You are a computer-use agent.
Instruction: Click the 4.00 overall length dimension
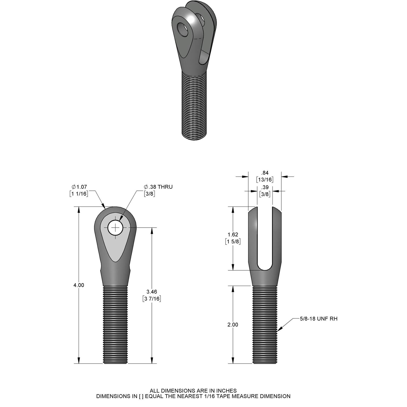[x=79, y=285]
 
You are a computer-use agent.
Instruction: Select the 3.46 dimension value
[x=152, y=292]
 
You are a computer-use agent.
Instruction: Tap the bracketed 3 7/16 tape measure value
[x=152, y=299]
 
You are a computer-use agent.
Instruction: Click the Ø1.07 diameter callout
[x=80, y=187]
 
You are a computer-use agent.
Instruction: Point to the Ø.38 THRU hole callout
[x=158, y=187]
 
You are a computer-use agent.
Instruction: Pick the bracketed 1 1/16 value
[x=79, y=194]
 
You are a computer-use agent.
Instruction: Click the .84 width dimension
[x=265, y=173]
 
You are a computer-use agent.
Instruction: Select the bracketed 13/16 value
[x=265, y=180]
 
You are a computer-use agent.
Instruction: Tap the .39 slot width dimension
[x=265, y=187]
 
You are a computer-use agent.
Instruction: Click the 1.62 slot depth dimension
[x=233, y=235]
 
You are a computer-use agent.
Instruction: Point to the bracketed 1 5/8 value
[x=233, y=241]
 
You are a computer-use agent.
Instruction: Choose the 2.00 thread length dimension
[x=233, y=325]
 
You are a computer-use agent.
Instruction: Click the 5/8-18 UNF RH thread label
[x=318, y=319]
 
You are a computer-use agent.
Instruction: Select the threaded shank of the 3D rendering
[x=194, y=107]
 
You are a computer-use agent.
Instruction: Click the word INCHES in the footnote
[x=226, y=390]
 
